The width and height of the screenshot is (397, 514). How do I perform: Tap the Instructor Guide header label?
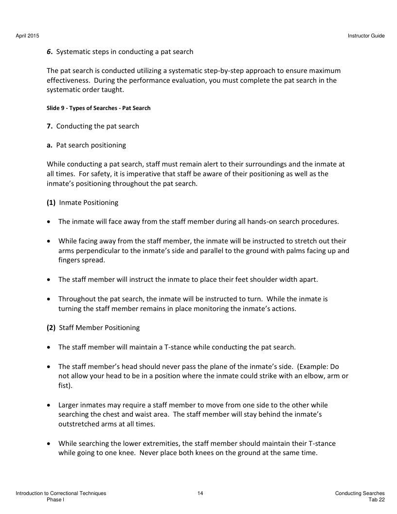366,36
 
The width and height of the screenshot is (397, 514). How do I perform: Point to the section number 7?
49,126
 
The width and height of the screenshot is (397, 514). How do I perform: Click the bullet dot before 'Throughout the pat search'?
51,299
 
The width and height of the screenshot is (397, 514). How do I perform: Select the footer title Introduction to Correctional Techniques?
61,494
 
